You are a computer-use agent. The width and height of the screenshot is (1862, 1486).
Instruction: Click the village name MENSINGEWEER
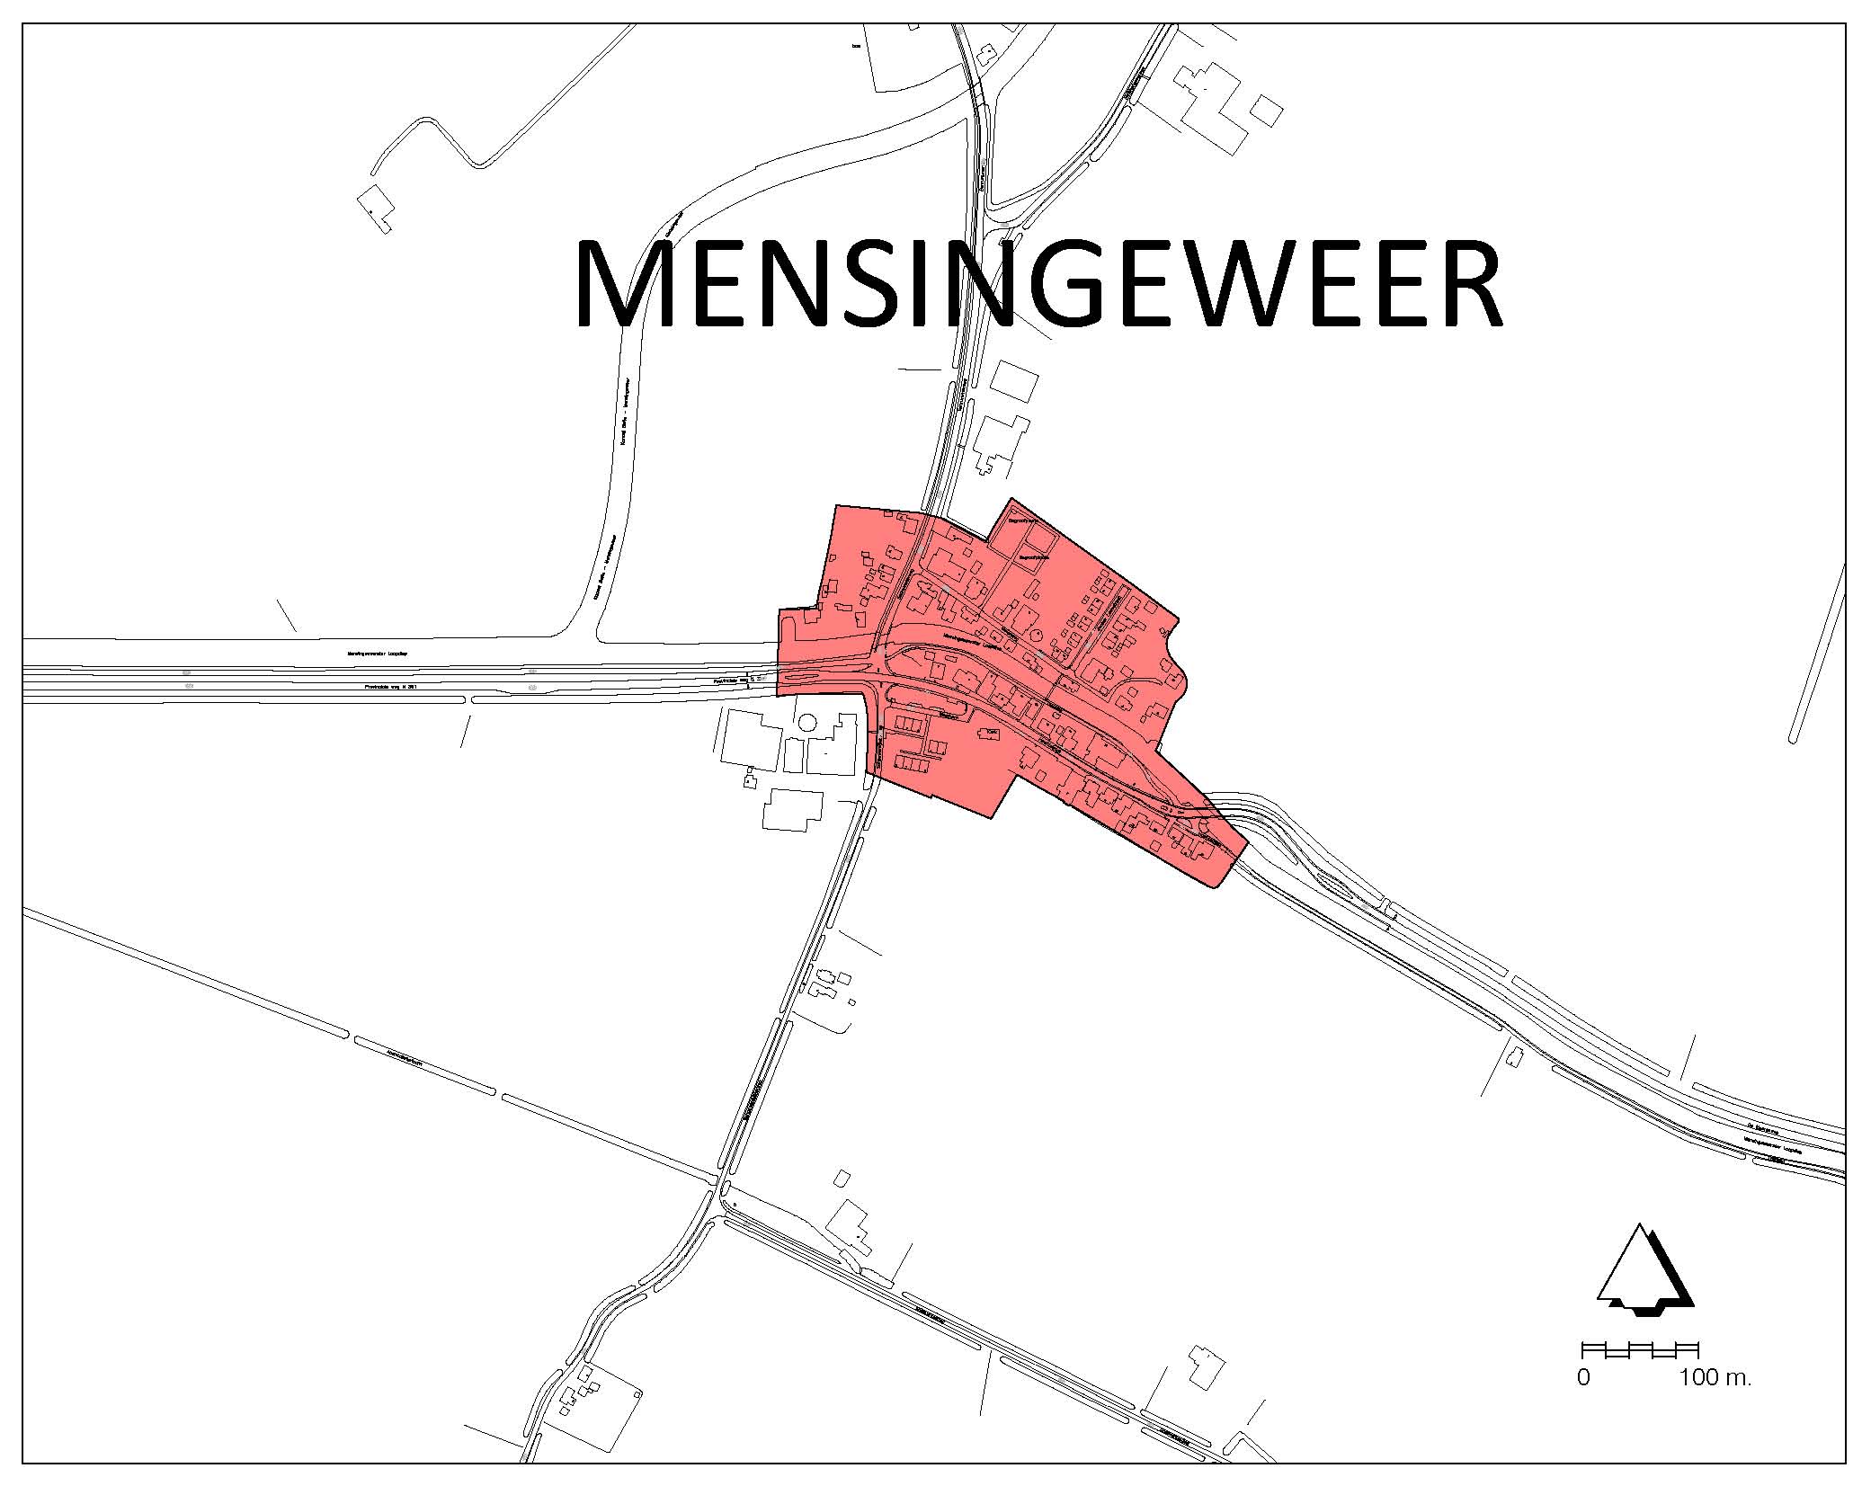coord(1038,285)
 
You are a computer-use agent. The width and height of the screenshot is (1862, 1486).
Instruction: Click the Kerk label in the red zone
coord(992,733)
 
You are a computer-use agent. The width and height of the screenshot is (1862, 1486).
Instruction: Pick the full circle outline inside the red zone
coord(1036,636)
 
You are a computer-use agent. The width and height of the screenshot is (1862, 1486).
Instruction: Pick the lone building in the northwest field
coord(376,207)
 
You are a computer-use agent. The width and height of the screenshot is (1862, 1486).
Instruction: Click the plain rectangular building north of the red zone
coord(1013,380)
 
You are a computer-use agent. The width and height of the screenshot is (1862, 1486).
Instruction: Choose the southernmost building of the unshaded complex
coord(792,809)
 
